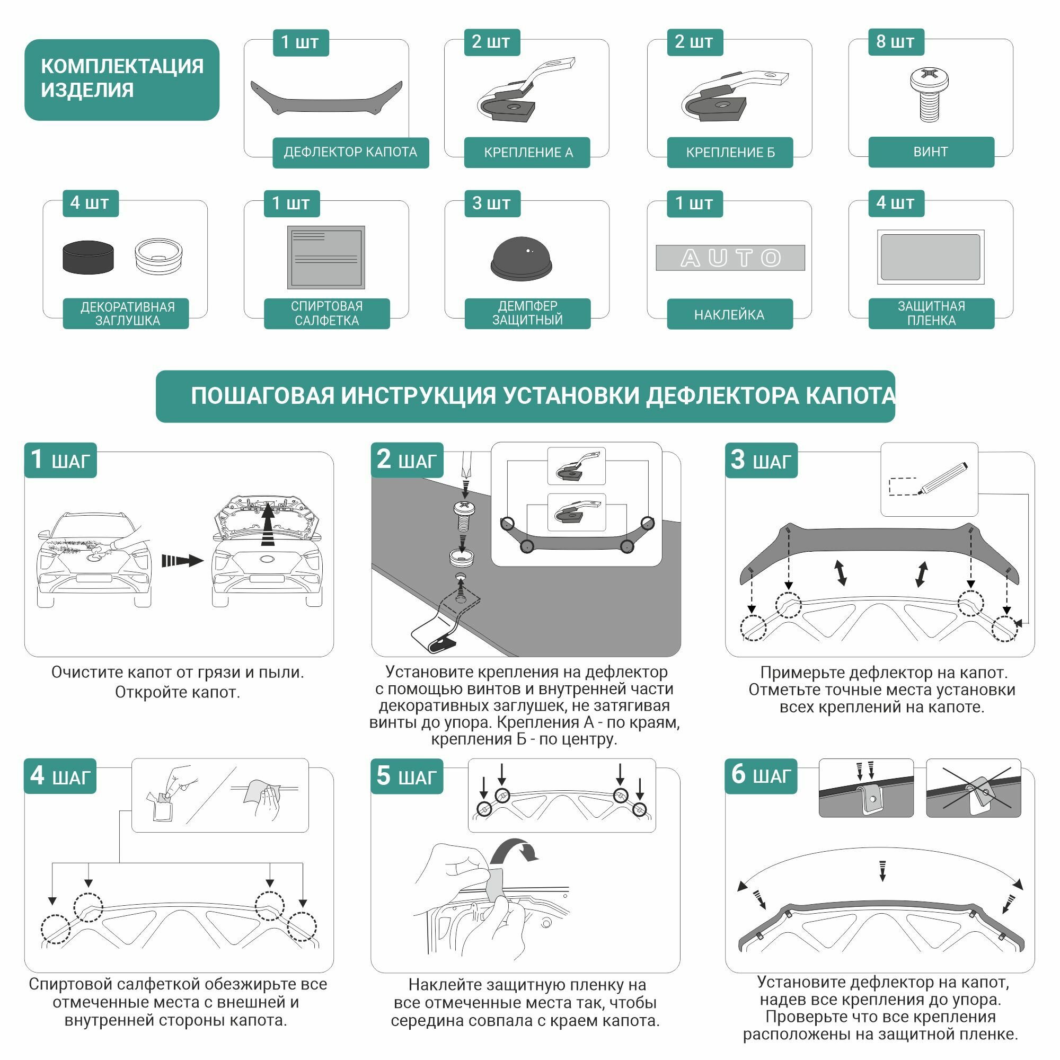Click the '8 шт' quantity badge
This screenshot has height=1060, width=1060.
pos(895,42)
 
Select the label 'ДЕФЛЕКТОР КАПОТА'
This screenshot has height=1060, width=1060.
pos(350,152)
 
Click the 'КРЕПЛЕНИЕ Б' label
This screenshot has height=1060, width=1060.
pos(730,153)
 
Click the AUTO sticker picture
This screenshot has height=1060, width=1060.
pos(730,258)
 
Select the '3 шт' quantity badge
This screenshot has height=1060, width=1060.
pos(492,204)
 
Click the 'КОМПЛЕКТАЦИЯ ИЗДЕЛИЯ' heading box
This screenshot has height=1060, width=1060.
pos(122,79)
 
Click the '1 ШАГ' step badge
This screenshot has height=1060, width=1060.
pos(60,460)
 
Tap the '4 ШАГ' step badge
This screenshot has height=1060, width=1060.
pos(60,776)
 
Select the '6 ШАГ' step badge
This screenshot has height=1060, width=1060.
pos(761,776)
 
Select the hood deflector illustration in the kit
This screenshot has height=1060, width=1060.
pos(326,99)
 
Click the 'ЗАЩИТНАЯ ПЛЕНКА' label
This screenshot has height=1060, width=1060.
pos(931,313)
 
